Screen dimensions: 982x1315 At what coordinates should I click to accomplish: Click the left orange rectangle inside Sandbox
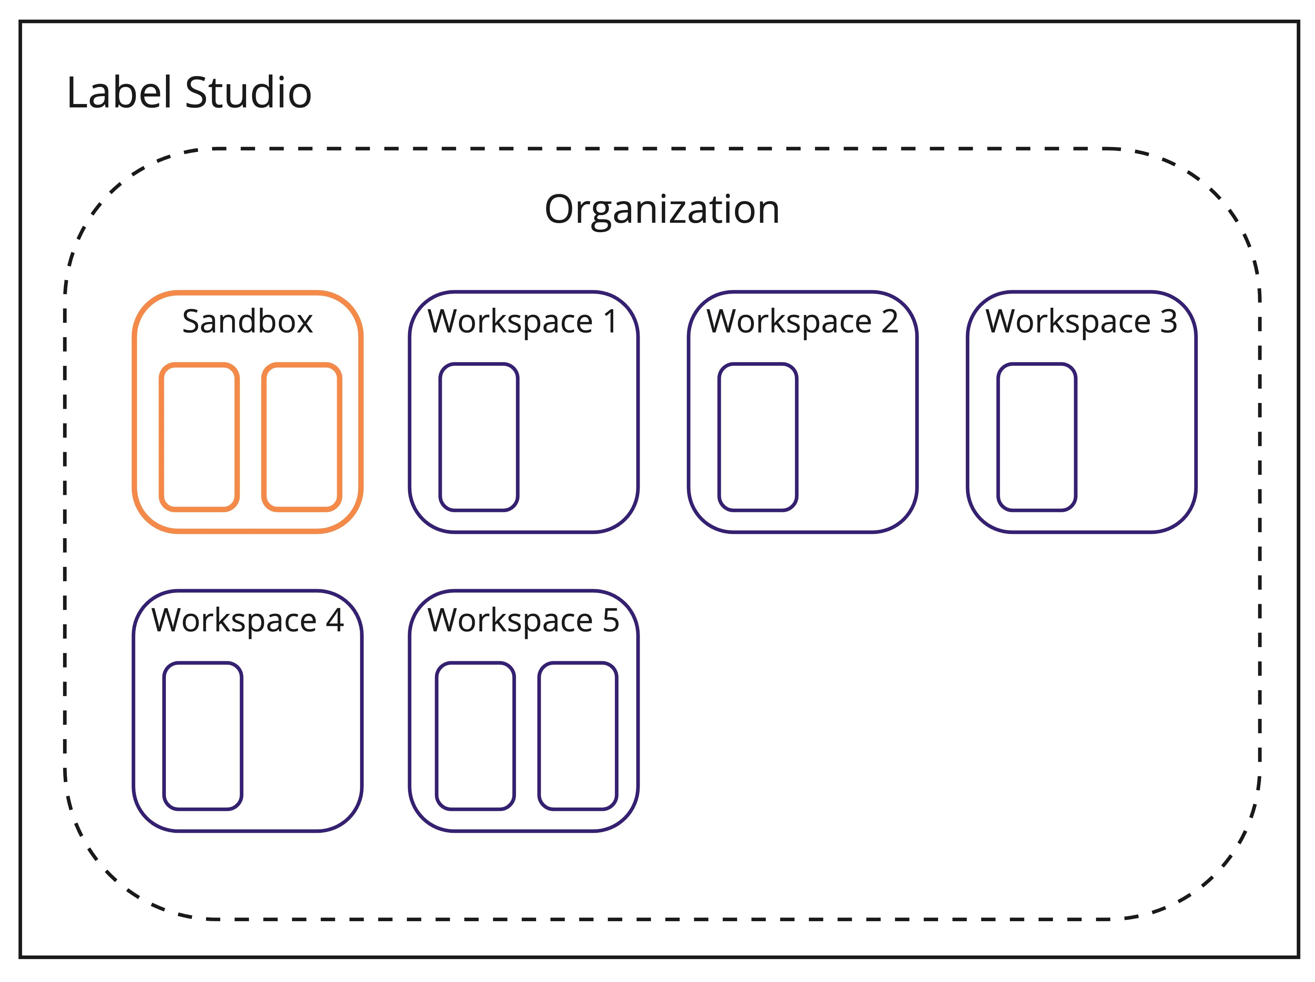click(x=199, y=437)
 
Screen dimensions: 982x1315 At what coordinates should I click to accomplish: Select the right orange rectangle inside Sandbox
click(x=302, y=437)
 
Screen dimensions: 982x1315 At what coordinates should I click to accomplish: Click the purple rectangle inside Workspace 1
click(x=478, y=437)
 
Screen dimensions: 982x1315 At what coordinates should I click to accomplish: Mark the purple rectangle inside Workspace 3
click(x=1037, y=437)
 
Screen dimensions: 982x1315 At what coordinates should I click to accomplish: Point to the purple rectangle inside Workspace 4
click(x=203, y=736)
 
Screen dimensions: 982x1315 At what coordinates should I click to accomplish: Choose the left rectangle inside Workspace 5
click(x=475, y=736)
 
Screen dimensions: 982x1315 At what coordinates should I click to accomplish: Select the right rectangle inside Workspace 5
click(x=578, y=736)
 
